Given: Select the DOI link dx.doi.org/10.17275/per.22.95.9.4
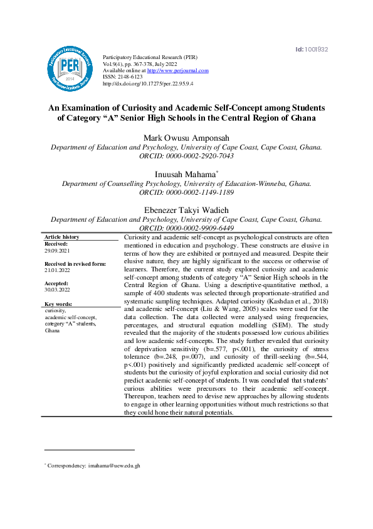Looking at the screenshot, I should pos(147,83).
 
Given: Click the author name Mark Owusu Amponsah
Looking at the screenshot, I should pos(186,138).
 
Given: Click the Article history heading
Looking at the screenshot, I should pos(62,237).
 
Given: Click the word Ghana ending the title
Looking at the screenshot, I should pos(298,117).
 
